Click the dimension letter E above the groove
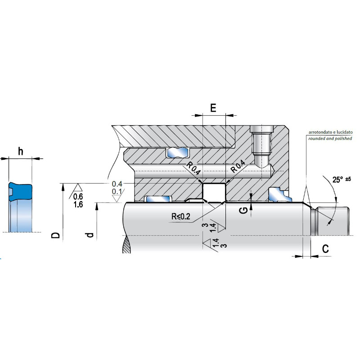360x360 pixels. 213,108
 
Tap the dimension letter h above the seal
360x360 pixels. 20,152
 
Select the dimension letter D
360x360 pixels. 55,235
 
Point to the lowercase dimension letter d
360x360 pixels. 90,235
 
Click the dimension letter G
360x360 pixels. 244,210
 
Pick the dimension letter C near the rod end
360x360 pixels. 325,248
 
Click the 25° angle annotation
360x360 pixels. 338,180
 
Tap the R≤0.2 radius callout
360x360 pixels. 181,216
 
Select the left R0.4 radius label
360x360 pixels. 193,168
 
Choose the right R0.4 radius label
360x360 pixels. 238,166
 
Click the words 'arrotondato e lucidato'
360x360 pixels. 330,132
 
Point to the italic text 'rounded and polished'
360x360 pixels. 330,139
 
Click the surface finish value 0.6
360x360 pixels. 78,197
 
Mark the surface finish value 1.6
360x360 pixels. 78,204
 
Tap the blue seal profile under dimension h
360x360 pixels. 20,207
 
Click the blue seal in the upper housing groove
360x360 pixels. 177,153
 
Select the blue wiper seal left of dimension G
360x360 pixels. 277,194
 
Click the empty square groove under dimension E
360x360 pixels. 214,193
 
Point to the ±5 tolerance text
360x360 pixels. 348,179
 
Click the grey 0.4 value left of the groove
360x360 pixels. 117,184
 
